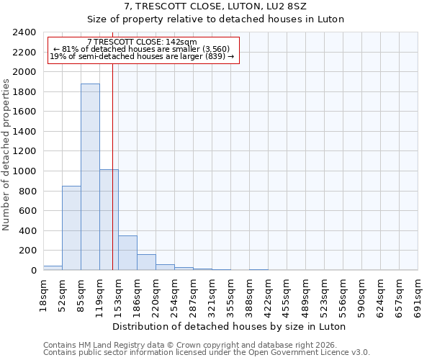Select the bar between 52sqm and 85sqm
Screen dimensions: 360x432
pyautogui.click(x=71, y=228)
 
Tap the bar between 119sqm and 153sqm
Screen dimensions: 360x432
pyautogui.click(x=109, y=220)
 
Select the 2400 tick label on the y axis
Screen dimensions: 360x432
pyautogui.click(x=25, y=33)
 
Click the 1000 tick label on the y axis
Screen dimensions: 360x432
pyautogui.click(x=25, y=171)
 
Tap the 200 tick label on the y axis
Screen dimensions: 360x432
pyautogui.click(x=28, y=251)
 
